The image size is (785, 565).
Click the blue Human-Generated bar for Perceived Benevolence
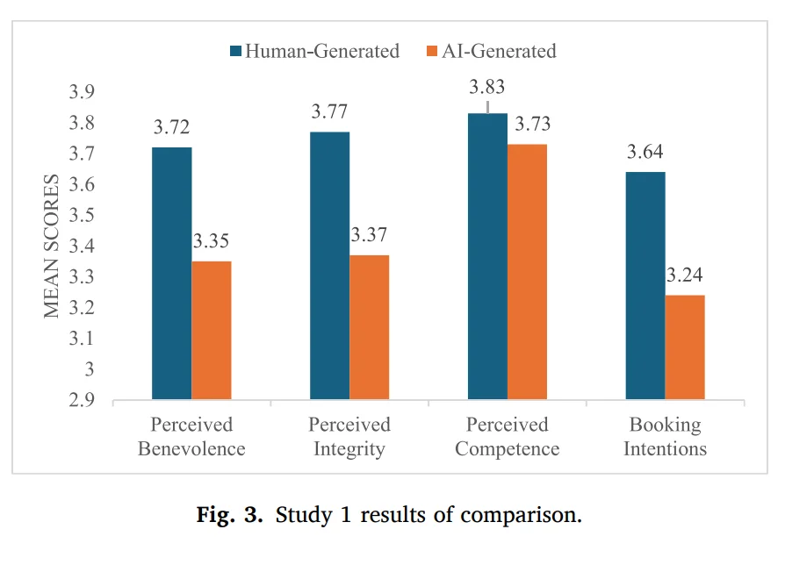pyautogui.click(x=172, y=274)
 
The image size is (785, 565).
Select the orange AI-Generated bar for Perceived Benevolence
pyautogui.click(x=212, y=331)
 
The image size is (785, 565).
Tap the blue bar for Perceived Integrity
pyautogui.click(x=330, y=266)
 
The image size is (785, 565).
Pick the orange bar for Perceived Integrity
pyautogui.click(x=370, y=328)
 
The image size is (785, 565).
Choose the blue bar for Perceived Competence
pyautogui.click(x=487, y=257)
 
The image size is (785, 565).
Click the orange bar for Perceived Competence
pyautogui.click(x=527, y=272)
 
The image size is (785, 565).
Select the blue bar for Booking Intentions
pyautogui.click(x=645, y=286)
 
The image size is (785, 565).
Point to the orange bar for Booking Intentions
pyautogui.click(x=685, y=347)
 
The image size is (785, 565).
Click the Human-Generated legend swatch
pyautogui.click(x=235, y=51)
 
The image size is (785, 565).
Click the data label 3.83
pyautogui.click(x=487, y=87)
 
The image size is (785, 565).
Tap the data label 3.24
pyautogui.click(x=685, y=275)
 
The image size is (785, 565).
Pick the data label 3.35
pyautogui.click(x=212, y=242)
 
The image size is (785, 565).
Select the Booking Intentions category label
pyautogui.click(x=666, y=437)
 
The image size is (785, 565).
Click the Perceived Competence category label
pyautogui.click(x=508, y=437)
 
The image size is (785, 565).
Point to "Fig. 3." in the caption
pyautogui.click(x=229, y=515)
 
